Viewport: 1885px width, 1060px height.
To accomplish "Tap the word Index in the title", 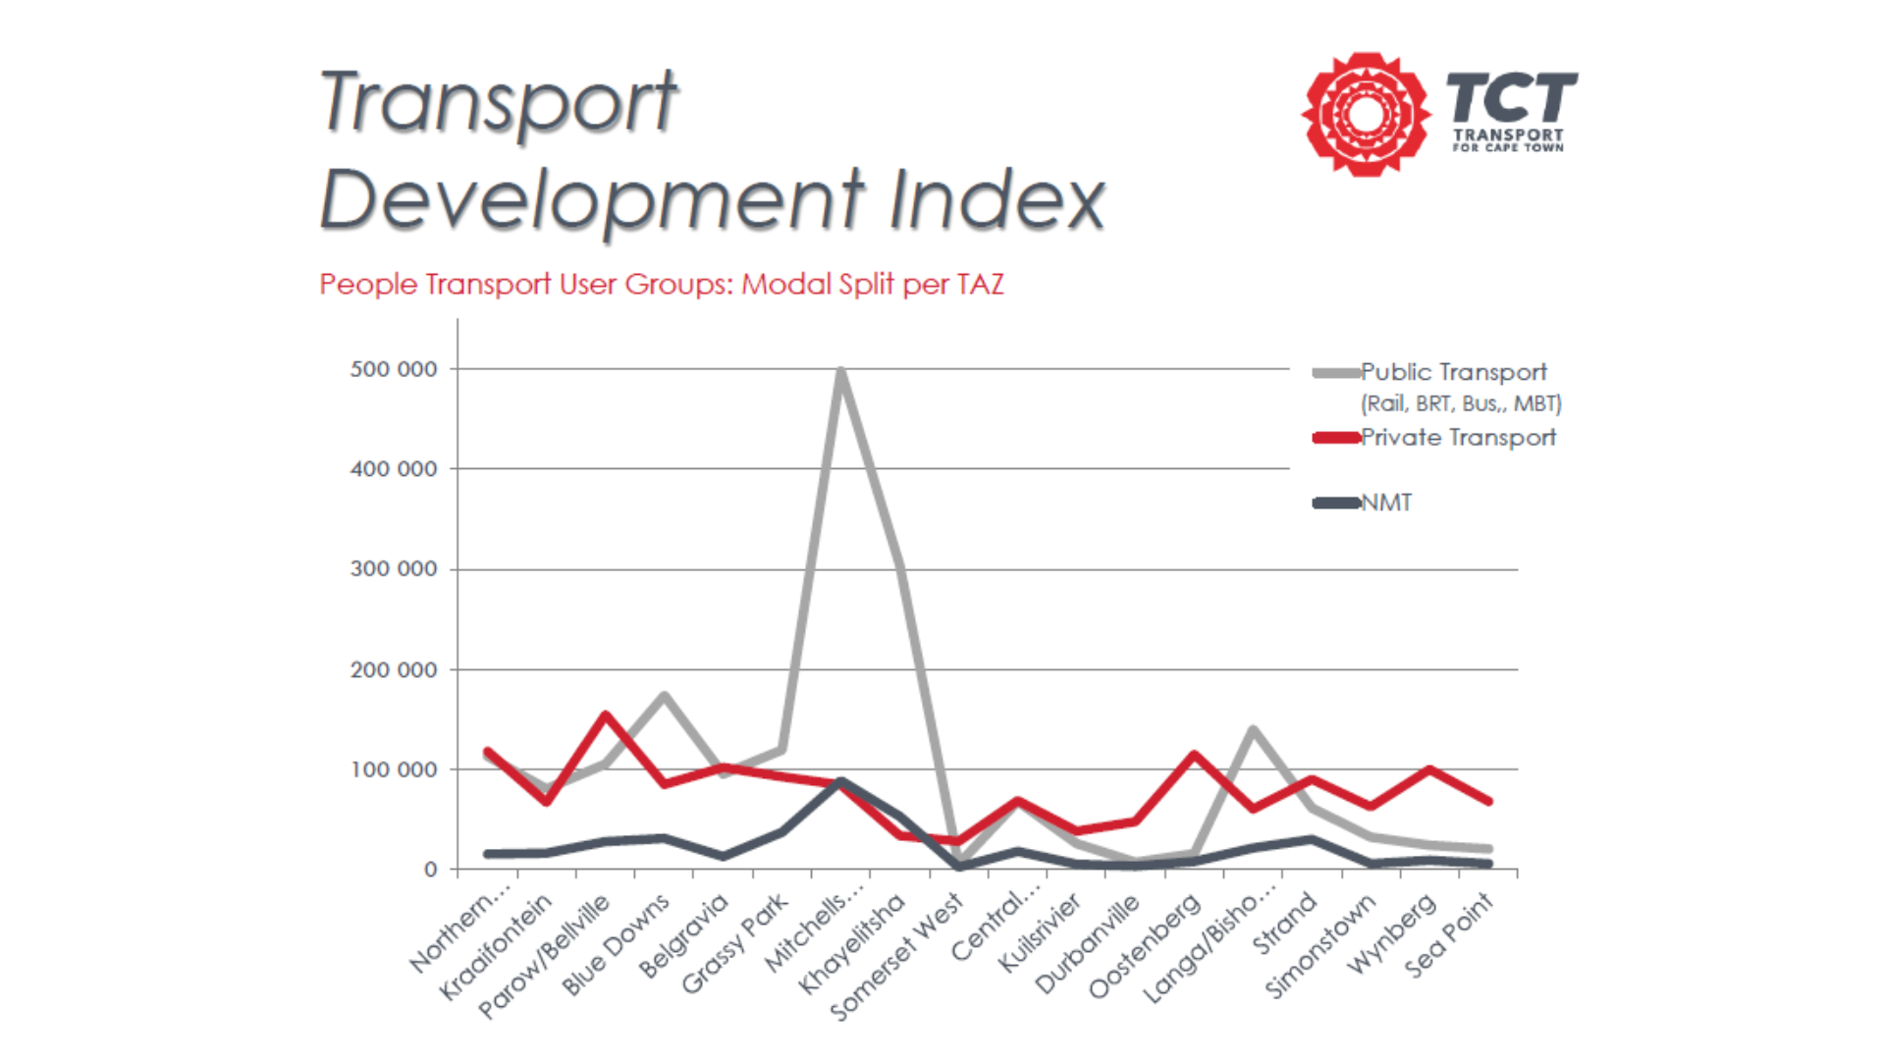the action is point(997,199).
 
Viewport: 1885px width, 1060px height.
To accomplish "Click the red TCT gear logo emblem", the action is point(1366,114).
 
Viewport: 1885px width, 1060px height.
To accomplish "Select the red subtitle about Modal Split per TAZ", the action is point(662,285).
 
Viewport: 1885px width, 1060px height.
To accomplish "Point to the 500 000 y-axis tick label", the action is point(394,369).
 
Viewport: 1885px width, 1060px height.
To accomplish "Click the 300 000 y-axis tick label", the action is point(394,569).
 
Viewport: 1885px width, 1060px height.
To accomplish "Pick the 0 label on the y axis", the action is point(431,870).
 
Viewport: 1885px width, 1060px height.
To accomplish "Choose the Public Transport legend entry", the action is point(1438,387).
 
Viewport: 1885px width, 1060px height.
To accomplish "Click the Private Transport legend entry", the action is point(1435,438).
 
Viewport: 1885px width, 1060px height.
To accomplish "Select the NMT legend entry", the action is point(1363,503).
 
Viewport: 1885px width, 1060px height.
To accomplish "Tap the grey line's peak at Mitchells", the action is point(841,370).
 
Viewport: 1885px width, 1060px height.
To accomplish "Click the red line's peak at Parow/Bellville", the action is point(606,715).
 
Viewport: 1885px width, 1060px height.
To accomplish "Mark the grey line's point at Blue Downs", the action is point(665,695).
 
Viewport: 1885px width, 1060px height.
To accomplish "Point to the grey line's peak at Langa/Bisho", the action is point(1254,729).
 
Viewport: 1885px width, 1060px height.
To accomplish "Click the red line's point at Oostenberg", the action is point(1195,754).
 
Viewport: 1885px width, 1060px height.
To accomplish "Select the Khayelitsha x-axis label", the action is point(852,944).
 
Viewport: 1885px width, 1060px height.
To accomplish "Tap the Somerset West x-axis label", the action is point(896,957).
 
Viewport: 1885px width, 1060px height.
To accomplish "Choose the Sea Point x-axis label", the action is point(1449,934).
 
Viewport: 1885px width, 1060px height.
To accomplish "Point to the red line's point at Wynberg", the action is point(1430,770).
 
